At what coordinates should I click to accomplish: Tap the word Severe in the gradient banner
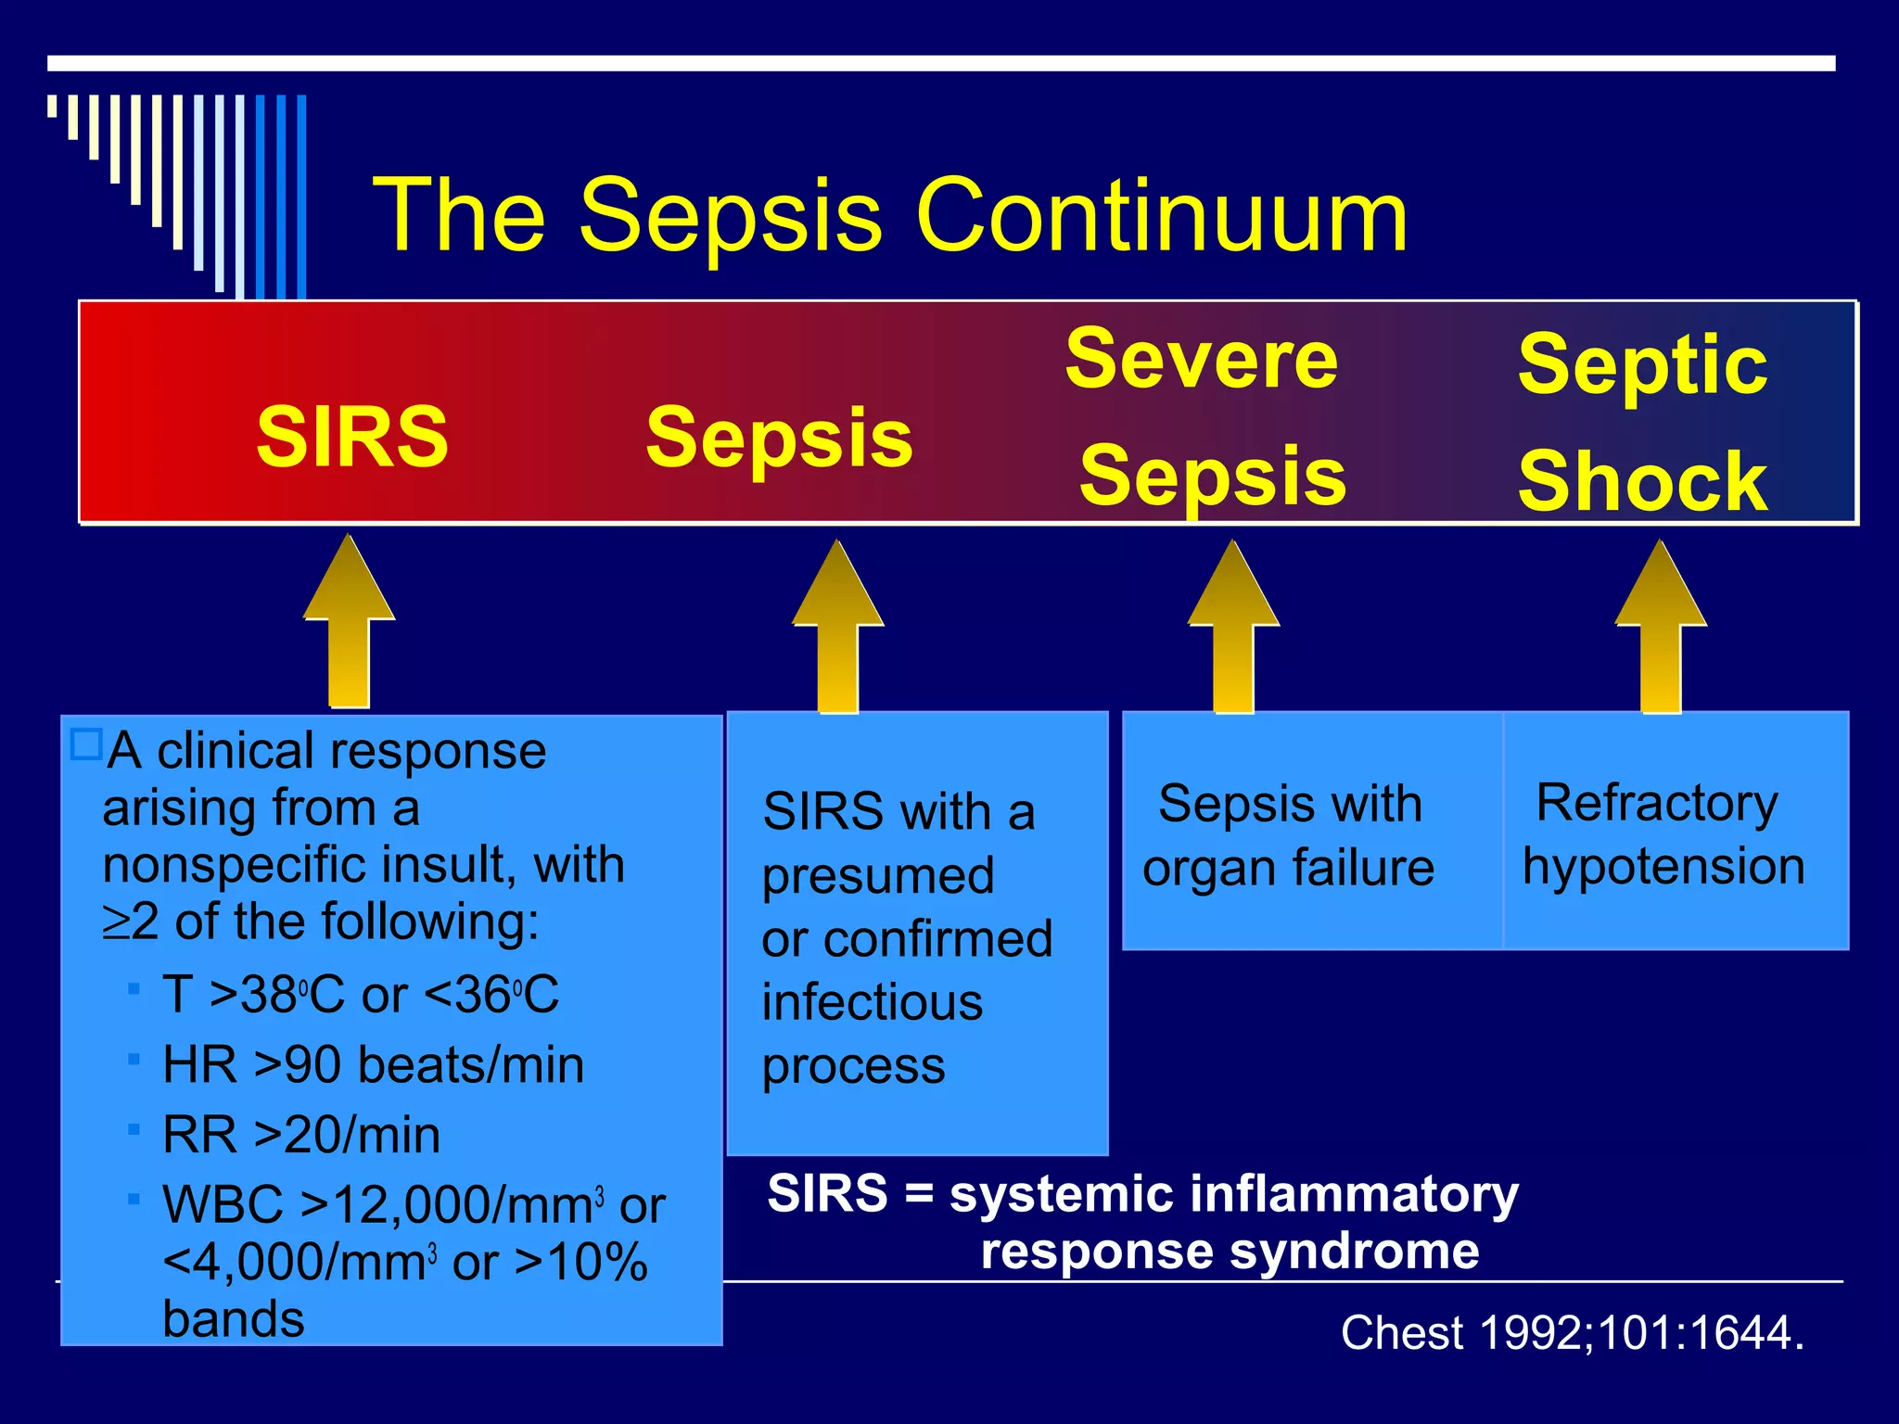pyautogui.click(x=1201, y=360)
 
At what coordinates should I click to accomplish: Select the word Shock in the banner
pyautogui.click(x=1642, y=481)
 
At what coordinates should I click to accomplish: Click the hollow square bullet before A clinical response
pyautogui.click(x=86, y=744)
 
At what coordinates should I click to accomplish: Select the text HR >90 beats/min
pyautogui.click(x=373, y=1064)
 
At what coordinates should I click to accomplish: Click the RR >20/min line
pyautogui.click(x=300, y=1135)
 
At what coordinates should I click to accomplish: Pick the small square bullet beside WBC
pyautogui.click(x=134, y=1200)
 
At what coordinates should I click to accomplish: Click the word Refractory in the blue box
pyautogui.click(x=1656, y=803)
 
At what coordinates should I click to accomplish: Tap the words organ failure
pyautogui.click(x=1288, y=869)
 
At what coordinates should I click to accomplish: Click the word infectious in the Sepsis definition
pyautogui.click(x=872, y=1003)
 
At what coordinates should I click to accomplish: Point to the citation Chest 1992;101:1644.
pyautogui.click(x=1572, y=1333)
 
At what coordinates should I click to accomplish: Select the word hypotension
pyautogui.click(x=1663, y=867)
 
